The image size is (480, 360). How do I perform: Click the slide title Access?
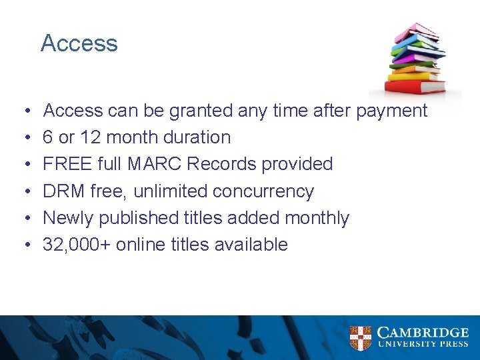coord(79,43)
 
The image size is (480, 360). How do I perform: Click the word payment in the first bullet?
coord(391,111)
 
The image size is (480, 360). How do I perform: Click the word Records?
coord(234,164)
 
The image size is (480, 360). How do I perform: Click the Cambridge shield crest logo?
coord(361,337)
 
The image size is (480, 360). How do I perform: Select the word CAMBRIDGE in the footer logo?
coord(423,332)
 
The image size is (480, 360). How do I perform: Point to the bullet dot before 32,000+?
coord(25,245)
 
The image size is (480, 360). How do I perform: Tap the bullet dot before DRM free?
coord(25,192)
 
